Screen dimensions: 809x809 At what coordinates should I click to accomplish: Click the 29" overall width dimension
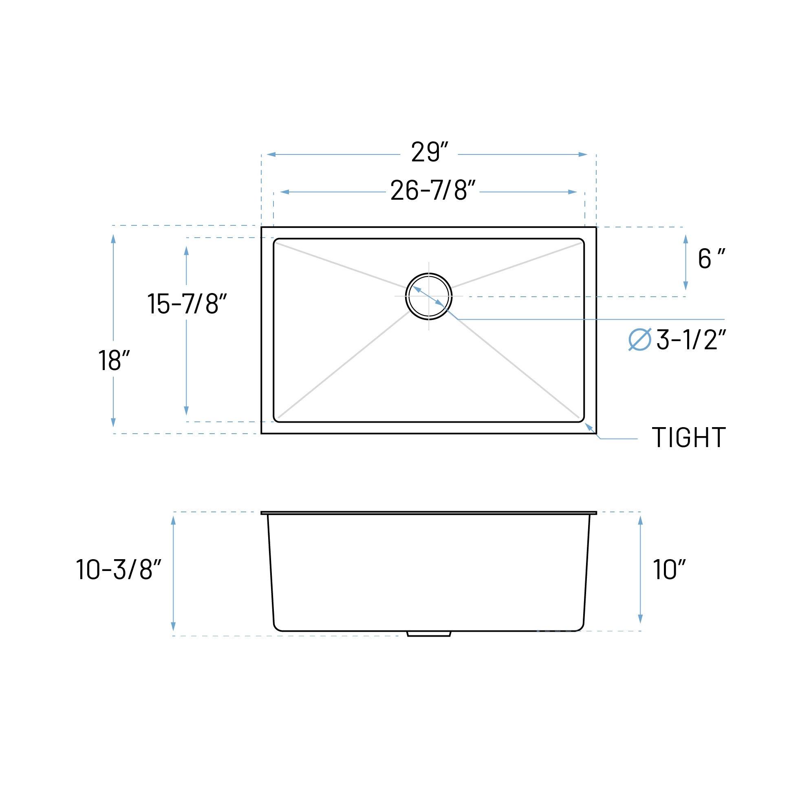point(429,152)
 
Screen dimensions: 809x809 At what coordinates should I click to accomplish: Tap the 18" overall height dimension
point(114,360)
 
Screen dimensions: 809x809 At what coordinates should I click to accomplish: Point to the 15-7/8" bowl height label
point(187,304)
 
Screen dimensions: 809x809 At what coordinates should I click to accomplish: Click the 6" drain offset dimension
point(711,259)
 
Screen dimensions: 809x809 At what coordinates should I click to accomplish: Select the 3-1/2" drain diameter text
point(691,339)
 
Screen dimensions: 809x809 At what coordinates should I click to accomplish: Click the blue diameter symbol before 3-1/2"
point(640,339)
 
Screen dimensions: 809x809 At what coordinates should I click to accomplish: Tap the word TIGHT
point(688,438)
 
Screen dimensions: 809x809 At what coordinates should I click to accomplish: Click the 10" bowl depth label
point(669,569)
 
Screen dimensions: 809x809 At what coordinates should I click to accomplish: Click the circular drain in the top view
point(429,296)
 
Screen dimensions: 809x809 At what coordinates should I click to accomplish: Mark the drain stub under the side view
point(429,634)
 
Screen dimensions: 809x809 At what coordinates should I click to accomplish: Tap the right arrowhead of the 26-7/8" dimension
point(573,192)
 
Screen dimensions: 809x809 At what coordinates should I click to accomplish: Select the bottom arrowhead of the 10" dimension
point(640,619)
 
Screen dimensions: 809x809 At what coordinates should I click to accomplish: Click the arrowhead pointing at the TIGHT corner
point(589,426)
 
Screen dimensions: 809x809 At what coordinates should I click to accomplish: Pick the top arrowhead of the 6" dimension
point(686,240)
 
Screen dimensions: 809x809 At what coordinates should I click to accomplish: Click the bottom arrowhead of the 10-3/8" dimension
point(173,626)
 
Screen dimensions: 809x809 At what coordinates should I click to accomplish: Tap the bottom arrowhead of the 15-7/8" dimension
point(186,410)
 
